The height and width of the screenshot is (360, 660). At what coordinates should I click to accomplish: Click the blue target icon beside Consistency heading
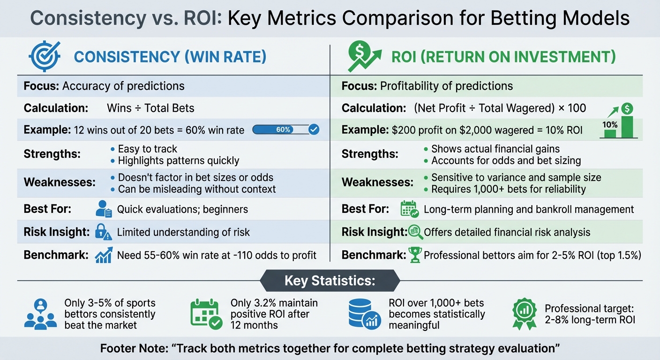45,57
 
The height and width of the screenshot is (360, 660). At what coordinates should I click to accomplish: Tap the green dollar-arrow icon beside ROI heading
363,57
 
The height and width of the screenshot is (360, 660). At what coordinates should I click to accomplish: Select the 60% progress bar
281,130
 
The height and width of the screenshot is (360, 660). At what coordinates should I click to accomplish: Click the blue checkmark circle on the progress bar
314,130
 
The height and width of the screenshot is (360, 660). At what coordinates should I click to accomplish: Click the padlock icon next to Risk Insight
103,232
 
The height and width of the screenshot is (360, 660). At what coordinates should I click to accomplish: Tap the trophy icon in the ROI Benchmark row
415,255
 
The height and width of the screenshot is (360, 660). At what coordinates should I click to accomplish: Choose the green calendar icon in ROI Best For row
409,209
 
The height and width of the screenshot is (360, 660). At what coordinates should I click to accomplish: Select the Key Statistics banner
330,281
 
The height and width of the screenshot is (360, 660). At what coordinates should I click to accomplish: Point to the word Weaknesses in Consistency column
60,182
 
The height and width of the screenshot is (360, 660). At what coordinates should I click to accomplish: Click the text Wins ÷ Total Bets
150,108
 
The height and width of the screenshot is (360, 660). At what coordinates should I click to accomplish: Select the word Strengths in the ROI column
370,154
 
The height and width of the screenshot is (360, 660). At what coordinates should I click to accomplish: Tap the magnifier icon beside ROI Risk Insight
415,232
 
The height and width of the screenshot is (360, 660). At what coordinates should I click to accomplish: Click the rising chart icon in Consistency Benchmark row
103,255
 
